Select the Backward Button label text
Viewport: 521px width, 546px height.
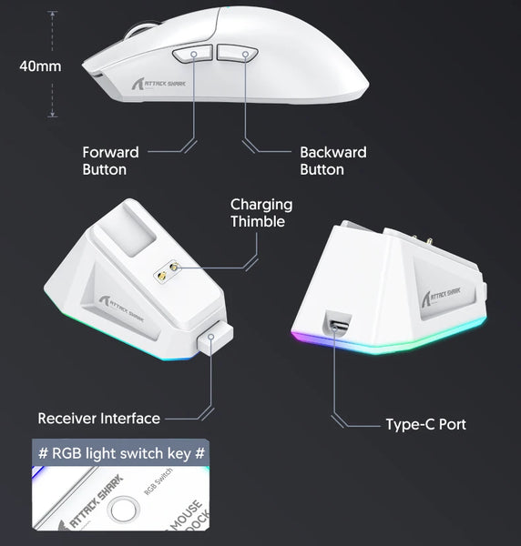coord(332,161)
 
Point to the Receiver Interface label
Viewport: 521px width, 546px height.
coord(98,419)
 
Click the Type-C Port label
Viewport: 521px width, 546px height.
coord(425,424)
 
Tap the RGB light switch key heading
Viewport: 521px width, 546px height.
coord(119,452)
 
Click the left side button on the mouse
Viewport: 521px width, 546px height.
coord(193,54)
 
